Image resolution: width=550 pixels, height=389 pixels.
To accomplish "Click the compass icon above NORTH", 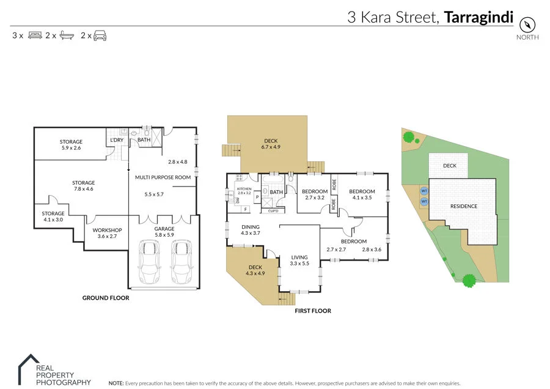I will coord(527,24).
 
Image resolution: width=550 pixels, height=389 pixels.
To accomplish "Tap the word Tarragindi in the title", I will coord(479,17).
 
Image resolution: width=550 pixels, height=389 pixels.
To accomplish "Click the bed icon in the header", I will coord(34,35).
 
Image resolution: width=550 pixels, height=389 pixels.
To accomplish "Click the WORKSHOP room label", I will coord(107,231).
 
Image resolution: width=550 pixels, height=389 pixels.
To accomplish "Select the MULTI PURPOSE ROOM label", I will coord(163,177).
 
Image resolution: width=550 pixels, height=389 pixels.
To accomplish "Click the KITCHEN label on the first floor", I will coord(244,189).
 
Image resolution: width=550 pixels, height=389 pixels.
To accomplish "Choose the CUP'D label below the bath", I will coord(273,211).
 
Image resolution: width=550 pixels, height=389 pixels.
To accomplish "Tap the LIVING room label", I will coord(299,257).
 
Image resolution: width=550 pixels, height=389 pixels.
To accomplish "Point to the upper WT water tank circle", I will coord(424,190).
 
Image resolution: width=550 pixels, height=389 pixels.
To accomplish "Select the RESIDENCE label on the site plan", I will coord(464,206).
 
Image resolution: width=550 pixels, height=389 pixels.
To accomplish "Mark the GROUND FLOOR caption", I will coord(106,298).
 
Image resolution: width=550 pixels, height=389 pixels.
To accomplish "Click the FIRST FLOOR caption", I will coord(313,311).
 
